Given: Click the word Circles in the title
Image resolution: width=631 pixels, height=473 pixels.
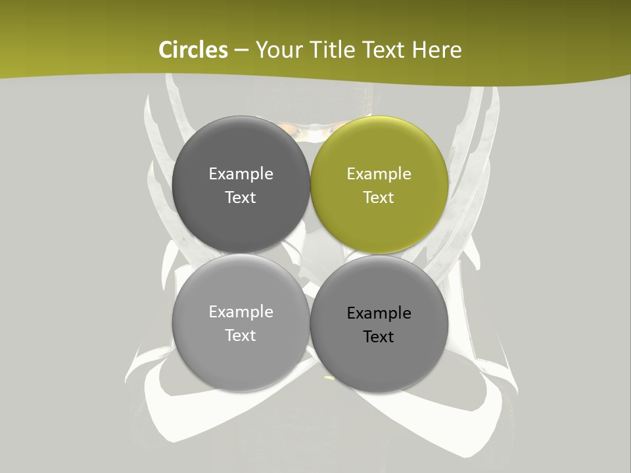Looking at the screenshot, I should [x=193, y=50].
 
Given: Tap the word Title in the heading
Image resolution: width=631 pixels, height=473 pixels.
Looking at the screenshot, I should [x=337, y=50].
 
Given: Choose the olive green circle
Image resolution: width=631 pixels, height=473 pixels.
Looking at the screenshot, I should [x=379, y=185].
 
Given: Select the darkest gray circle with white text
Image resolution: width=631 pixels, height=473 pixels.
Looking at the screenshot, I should [x=241, y=185].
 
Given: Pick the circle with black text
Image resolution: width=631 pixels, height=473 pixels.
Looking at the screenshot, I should [x=379, y=324].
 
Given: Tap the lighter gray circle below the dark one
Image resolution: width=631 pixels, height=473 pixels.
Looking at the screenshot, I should [x=241, y=323].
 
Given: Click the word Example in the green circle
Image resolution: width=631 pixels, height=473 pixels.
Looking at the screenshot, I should [x=379, y=174].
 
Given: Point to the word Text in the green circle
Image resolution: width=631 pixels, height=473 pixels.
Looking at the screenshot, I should [x=379, y=198].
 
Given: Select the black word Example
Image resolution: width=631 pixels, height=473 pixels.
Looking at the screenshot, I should [x=379, y=313].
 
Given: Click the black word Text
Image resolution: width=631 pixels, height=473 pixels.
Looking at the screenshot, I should [x=379, y=337].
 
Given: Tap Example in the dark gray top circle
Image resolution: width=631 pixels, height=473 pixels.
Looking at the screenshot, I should [x=241, y=174].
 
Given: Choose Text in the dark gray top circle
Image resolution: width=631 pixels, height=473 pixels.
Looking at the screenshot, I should [x=241, y=198].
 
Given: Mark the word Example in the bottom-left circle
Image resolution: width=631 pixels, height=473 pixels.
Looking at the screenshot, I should [x=241, y=312].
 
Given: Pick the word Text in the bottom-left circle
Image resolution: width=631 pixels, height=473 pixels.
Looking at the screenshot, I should [x=241, y=336].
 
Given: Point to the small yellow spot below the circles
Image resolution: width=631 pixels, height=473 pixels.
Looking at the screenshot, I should [x=329, y=378].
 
